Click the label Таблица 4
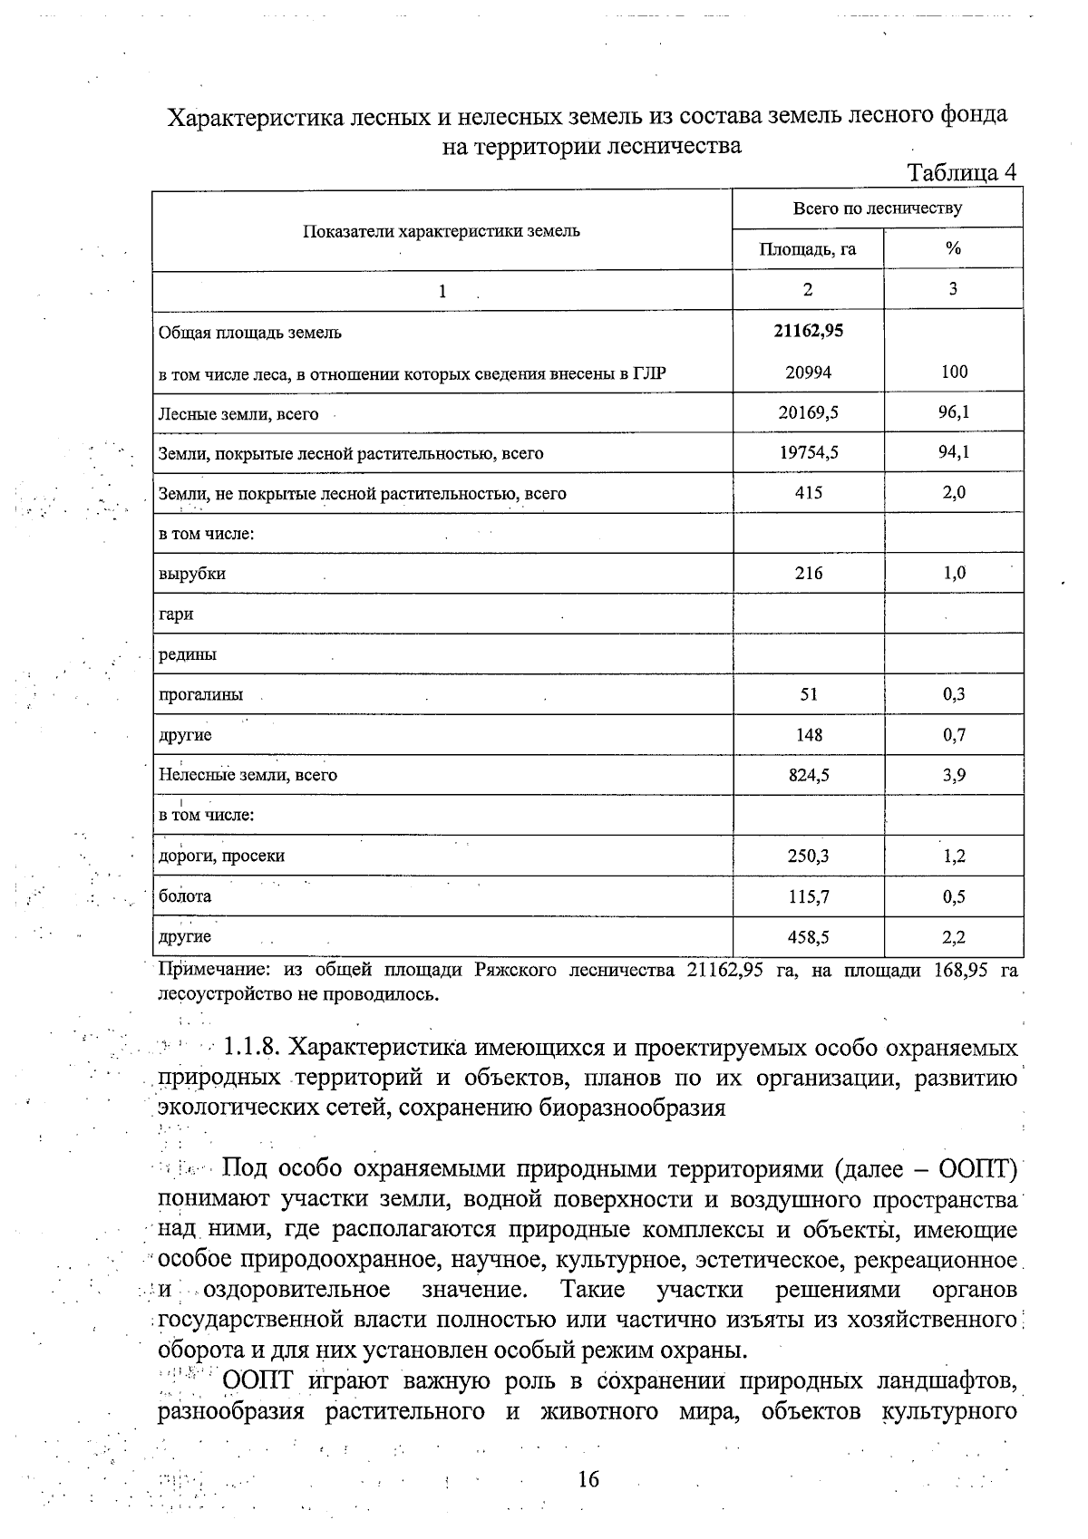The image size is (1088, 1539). pyautogui.click(x=962, y=172)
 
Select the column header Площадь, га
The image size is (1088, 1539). pyautogui.click(x=807, y=248)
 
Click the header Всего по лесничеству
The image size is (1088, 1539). pyautogui.click(x=877, y=208)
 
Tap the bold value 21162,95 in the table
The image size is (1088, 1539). pyautogui.click(x=808, y=331)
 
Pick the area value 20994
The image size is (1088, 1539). pyautogui.click(x=808, y=372)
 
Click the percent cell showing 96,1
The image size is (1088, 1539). pyautogui.click(x=954, y=412)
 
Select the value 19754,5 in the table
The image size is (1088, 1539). pyautogui.click(x=808, y=452)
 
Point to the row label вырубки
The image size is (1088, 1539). pyautogui.click(x=192, y=574)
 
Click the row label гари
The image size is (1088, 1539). pyautogui.click(x=176, y=615)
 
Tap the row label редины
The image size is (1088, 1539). pyautogui.click(x=188, y=654)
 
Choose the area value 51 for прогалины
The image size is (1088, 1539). pyautogui.click(x=808, y=694)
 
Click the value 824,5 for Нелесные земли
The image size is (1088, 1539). pyautogui.click(x=808, y=775)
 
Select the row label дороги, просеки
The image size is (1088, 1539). pyautogui.click(x=222, y=856)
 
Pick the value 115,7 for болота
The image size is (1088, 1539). pyautogui.click(x=808, y=896)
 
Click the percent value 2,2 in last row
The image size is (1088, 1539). pyautogui.click(x=954, y=937)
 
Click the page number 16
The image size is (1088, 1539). pyautogui.click(x=588, y=1479)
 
